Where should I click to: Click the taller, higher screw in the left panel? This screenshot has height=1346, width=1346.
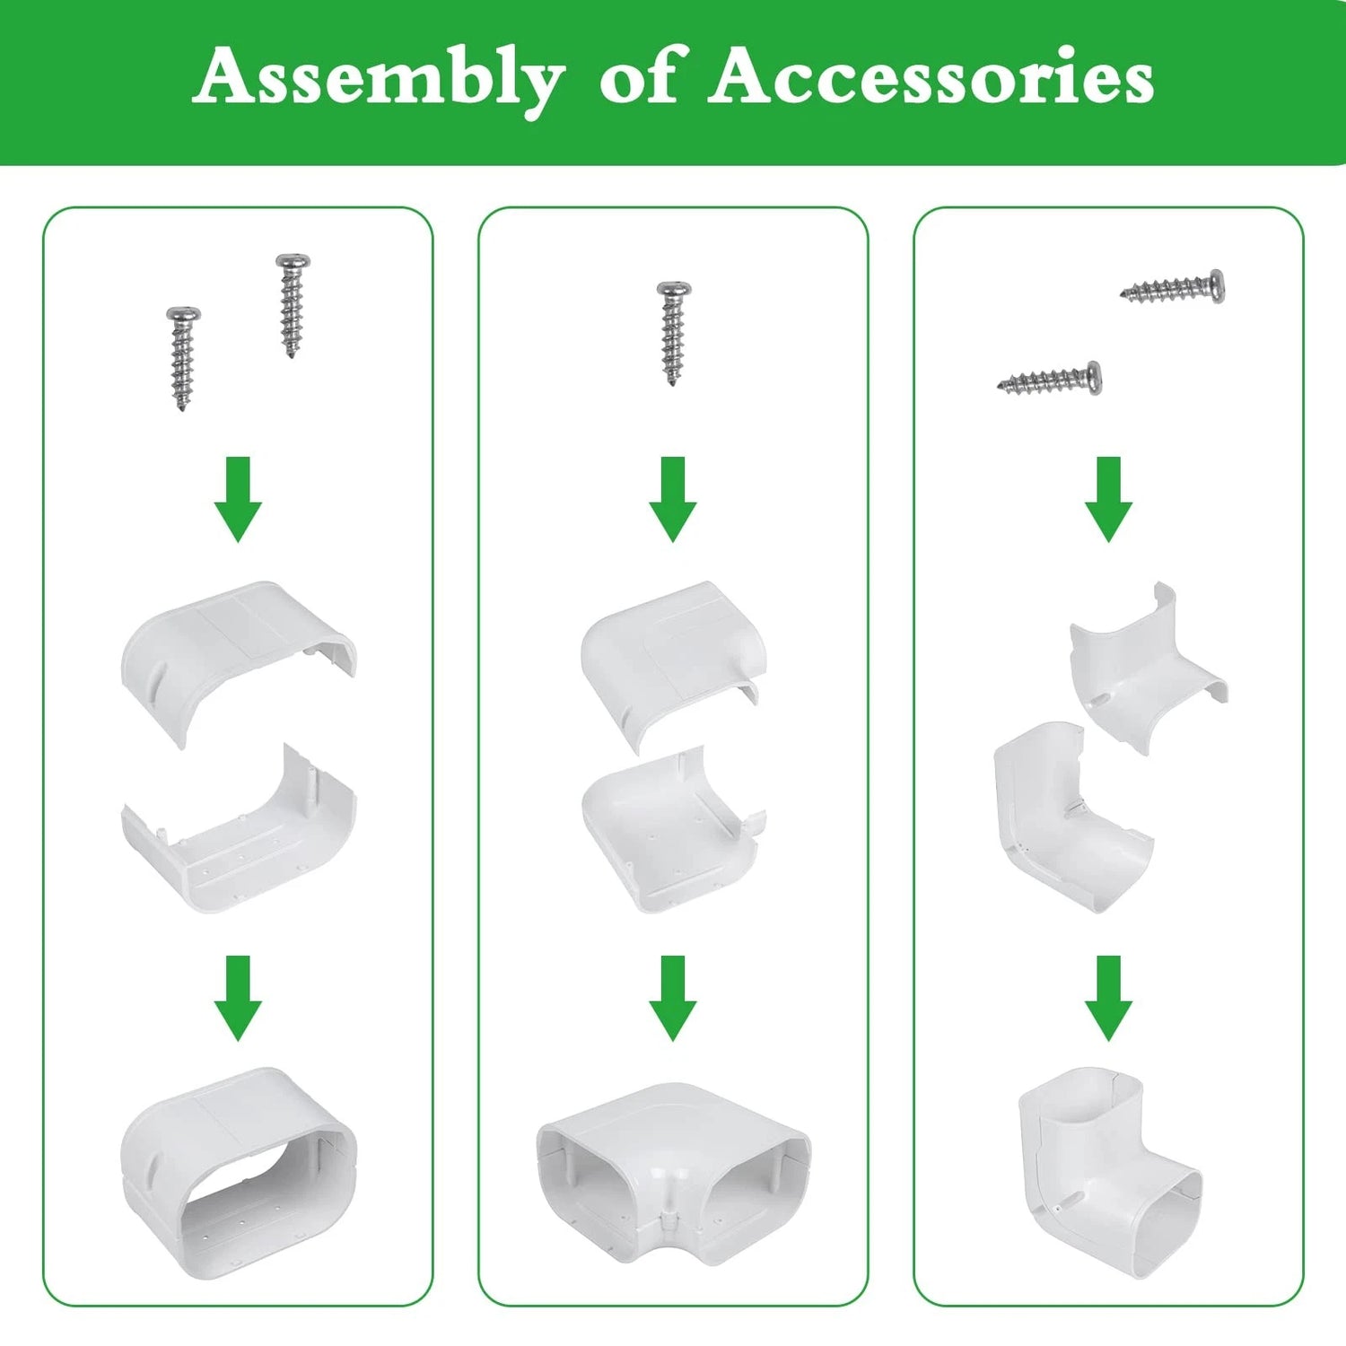click(x=292, y=306)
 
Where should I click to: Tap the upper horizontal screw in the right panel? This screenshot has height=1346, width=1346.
click(x=1172, y=287)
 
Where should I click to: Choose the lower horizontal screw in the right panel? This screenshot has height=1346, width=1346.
click(x=1049, y=380)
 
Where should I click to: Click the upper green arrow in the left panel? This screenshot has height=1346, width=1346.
click(x=238, y=499)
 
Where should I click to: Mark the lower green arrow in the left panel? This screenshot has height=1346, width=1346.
click(x=238, y=998)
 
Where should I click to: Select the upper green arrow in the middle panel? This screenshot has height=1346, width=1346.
click(x=673, y=499)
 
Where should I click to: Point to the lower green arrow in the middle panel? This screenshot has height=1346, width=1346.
click(x=673, y=998)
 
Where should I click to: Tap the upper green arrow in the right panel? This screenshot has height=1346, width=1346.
click(x=1109, y=499)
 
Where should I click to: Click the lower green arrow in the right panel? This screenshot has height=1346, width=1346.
click(x=1109, y=998)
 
